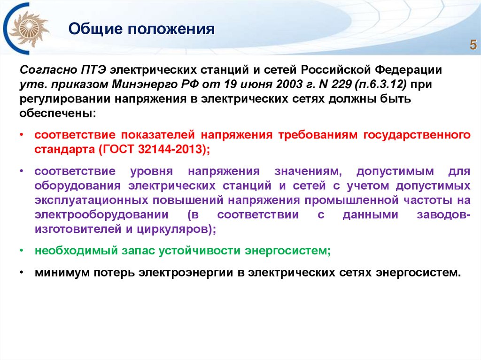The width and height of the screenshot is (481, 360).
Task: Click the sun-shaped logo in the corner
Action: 30,29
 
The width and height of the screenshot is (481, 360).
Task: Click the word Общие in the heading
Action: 92,30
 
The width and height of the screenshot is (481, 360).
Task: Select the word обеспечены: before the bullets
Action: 57,114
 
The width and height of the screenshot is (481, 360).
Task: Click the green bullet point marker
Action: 22,251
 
